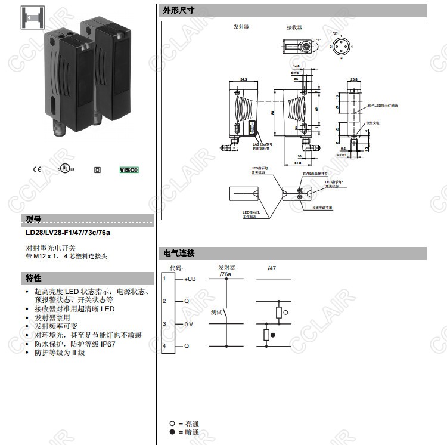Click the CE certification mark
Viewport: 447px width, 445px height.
click(x=36, y=169)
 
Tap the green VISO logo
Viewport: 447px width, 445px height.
click(x=129, y=169)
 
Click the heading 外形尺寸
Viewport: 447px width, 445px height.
click(x=178, y=11)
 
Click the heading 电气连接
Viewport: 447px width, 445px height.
click(x=178, y=254)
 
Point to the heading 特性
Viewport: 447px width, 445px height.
click(x=33, y=278)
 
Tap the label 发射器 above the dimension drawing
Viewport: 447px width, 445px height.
click(x=241, y=27)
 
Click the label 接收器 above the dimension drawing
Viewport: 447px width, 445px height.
click(x=294, y=27)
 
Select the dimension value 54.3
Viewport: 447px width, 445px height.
click(x=243, y=79)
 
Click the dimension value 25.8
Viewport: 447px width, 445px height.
click(x=353, y=79)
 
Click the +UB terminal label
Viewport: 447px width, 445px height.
click(x=190, y=279)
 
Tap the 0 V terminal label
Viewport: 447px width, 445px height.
click(x=188, y=324)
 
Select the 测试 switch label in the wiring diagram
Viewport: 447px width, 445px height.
click(x=216, y=312)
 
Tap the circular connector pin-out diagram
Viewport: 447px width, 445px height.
click(x=342, y=46)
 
